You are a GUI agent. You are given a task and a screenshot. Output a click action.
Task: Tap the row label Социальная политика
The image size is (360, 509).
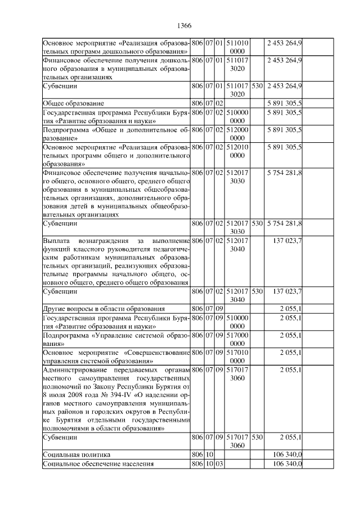point(76,454)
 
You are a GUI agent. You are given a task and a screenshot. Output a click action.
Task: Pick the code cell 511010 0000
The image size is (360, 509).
point(237,47)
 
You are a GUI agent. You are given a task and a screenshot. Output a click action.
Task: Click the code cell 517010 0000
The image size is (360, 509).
point(237,357)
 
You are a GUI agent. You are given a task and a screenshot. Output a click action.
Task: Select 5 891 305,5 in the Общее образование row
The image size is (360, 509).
point(285,103)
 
